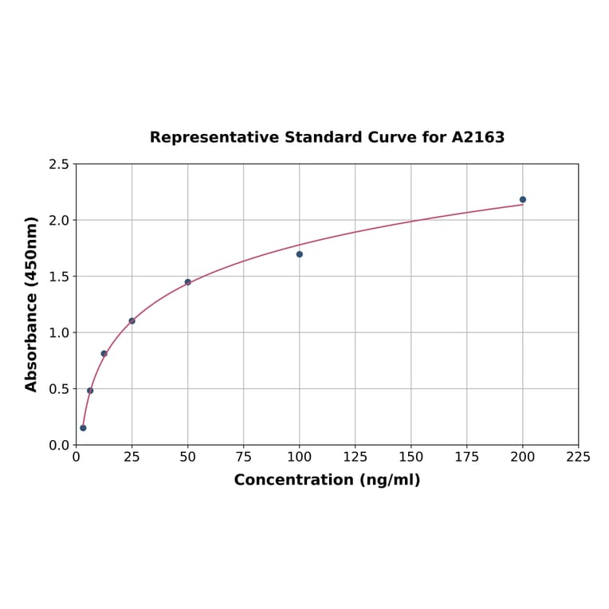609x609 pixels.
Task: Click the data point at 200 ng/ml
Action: (x=523, y=199)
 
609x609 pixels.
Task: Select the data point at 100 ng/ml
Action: (x=300, y=254)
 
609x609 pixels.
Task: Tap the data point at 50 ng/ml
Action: (x=188, y=282)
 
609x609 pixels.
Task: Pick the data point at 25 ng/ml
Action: (x=132, y=321)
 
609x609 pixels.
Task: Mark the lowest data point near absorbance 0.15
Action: (x=83, y=428)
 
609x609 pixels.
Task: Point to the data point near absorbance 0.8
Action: (x=104, y=353)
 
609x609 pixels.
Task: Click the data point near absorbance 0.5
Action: (x=90, y=391)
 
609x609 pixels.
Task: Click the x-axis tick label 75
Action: (x=244, y=458)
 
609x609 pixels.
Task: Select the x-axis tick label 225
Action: (x=579, y=458)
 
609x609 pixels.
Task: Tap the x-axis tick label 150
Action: (x=411, y=458)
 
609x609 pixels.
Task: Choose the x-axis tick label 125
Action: (x=356, y=458)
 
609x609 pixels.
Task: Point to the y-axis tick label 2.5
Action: (x=59, y=164)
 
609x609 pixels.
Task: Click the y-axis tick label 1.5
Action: (x=59, y=277)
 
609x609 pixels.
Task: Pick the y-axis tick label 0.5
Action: (x=59, y=389)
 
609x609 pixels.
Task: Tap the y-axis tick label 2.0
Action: (x=59, y=220)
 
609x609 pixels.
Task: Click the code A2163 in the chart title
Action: (x=478, y=138)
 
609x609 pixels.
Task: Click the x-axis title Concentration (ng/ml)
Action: (x=327, y=480)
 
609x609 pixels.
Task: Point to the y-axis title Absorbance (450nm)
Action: (x=32, y=304)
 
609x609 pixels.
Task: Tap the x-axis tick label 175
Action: (x=467, y=458)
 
